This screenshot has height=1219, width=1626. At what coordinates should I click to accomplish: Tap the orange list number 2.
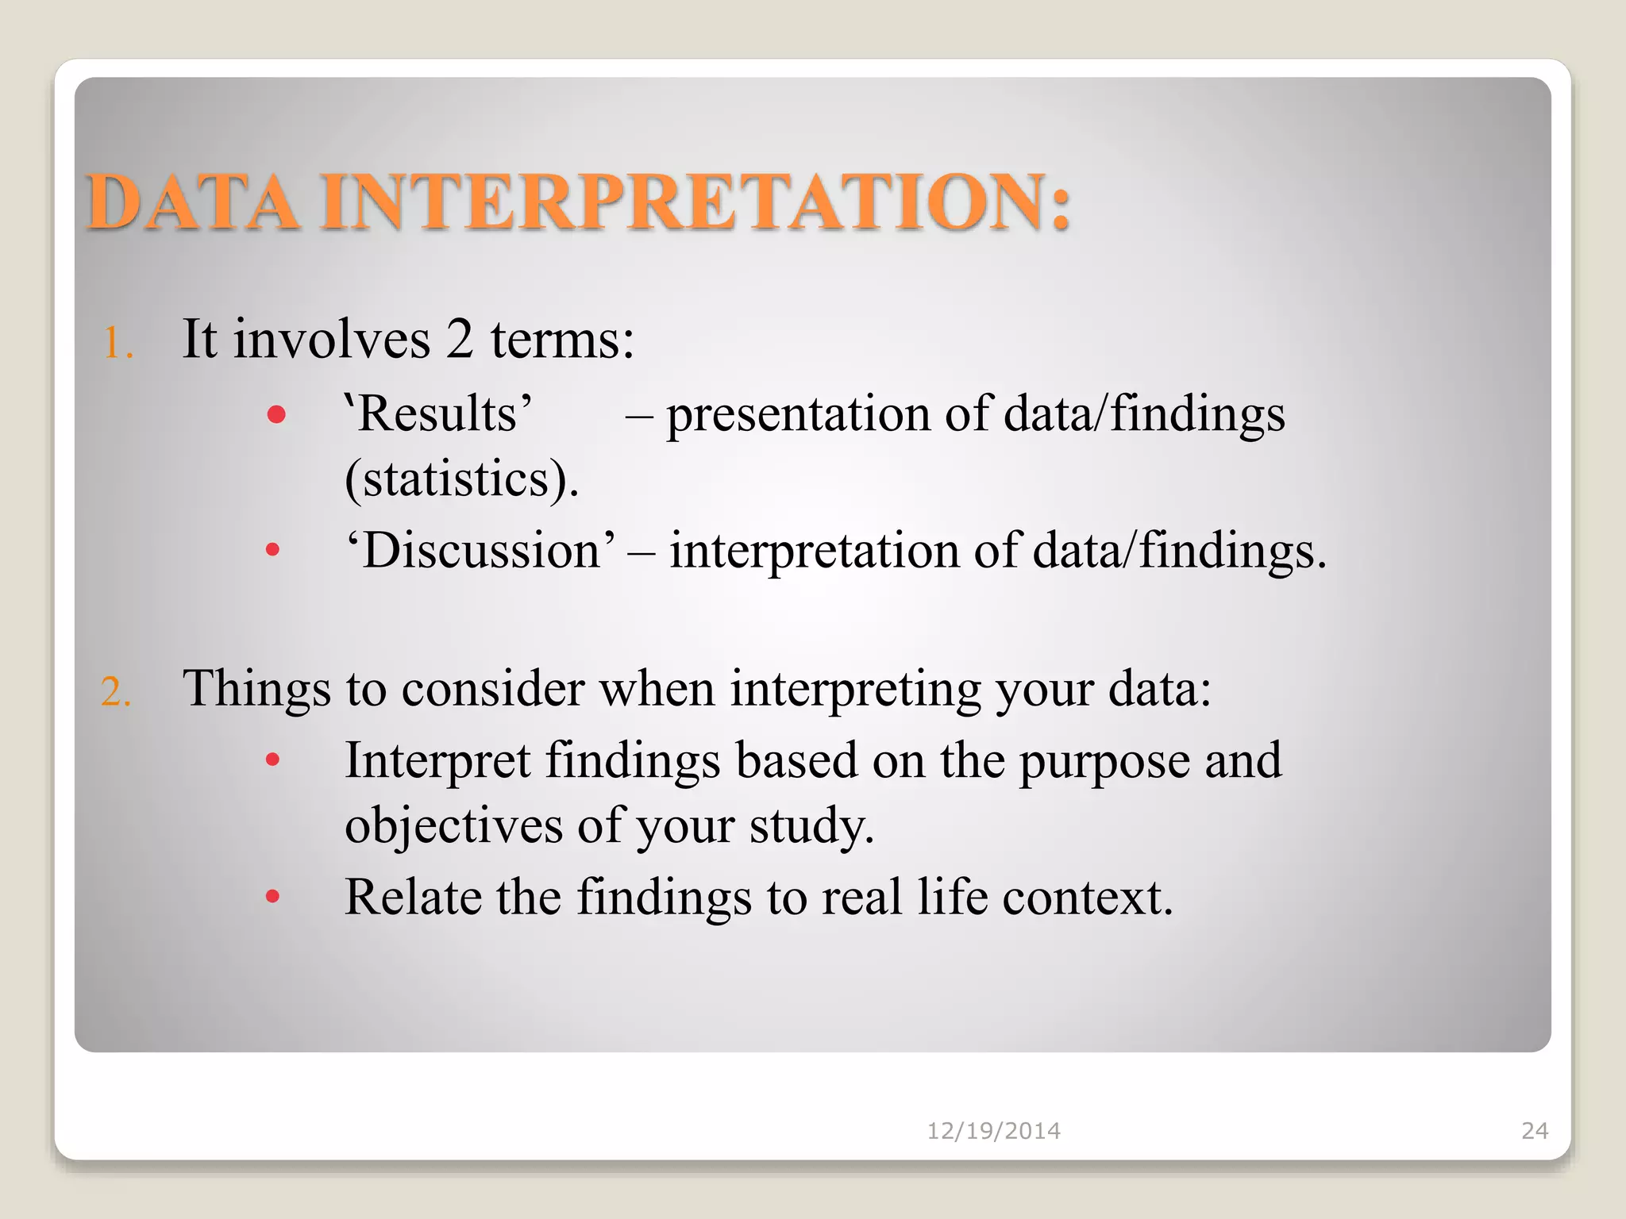pos(116,691)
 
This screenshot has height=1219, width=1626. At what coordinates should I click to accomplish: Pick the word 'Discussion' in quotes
pos(481,550)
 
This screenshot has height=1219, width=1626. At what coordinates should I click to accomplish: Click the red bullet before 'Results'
pos(276,414)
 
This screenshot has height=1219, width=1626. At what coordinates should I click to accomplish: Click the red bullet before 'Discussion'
pos(272,549)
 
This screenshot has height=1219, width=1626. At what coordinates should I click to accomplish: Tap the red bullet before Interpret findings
pos(272,759)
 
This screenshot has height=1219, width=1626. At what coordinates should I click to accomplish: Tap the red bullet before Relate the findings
pos(272,897)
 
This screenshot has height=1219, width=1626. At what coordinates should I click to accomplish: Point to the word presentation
pos(798,415)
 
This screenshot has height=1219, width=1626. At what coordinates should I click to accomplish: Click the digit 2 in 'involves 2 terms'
pos(460,340)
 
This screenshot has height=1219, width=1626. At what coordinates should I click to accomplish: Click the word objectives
pos(453,826)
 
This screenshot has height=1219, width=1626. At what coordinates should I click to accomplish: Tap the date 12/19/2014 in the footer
pos(993,1131)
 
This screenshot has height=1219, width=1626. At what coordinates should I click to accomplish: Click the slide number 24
pos(1534,1131)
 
